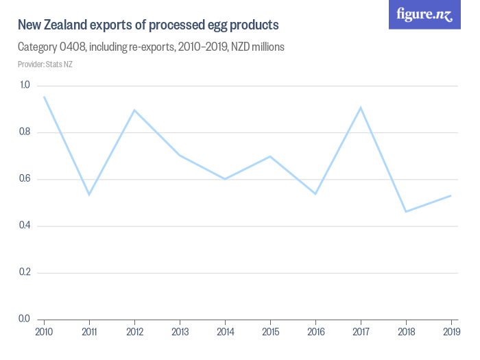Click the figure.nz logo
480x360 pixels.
pyautogui.click(x=425, y=14)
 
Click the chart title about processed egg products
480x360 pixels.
pyautogui.click(x=148, y=25)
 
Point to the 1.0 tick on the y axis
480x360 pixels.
pyautogui.click(x=25, y=85)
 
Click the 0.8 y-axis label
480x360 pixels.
pyautogui.click(x=25, y=132)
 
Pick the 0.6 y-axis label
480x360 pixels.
pyautogui.click(x=25, y=179)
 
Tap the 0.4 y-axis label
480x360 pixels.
pyautogui.click(x=25, y=226)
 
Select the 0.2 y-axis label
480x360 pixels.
pyautogui.click(x=25, y=272)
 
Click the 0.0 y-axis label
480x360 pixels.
pyautogui.click(x=25, y=319)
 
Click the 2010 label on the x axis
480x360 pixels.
pyautogui.click(x=44, y=333)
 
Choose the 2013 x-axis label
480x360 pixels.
pyautogui.click(x=180, y=333)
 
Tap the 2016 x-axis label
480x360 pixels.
pyautogui.click(x=315, y=333)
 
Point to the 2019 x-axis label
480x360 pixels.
pyautogui.click(x=451, y=333)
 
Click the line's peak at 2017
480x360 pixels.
pyautogui.click(x=360, y=108)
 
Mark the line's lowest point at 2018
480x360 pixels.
pyautogui.click(x=405, y=211)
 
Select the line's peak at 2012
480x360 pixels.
pyautogui.click(x=134, y=110)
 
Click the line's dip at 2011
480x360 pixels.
pyautogui.click(x=89, y=195)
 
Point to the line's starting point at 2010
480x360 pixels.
pyautogui.click(x=44, y=97)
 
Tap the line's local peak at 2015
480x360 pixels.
pyautogui.click(x=270, y=156)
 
